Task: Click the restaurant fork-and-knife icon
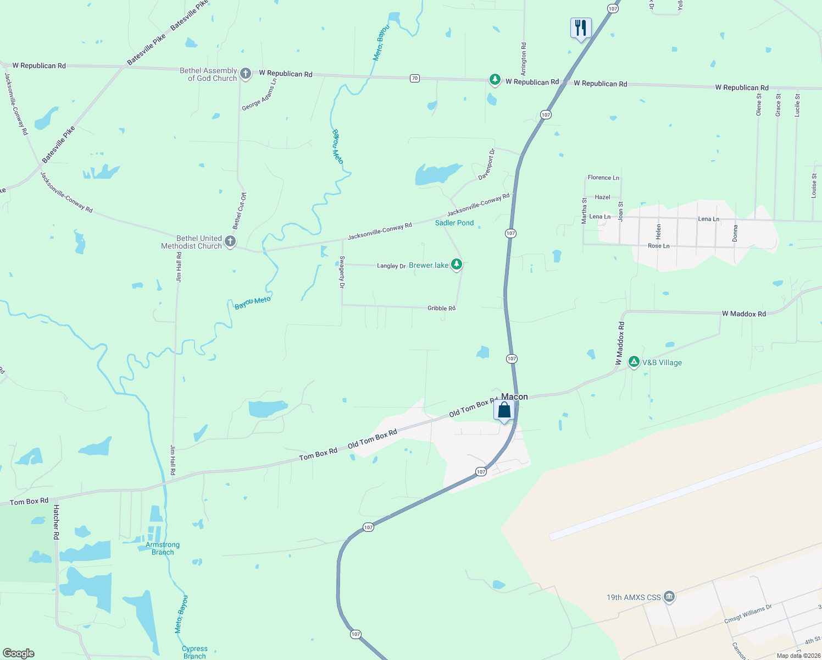point(580,28)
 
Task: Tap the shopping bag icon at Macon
point(504,410)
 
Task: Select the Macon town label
point(514,397)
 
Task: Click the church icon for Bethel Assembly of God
point(246,74)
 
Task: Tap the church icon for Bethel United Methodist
point(230,241)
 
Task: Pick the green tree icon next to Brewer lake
point(456,265)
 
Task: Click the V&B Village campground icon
point(634,362)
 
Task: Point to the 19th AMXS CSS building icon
point(669,597)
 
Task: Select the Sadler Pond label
point(454,223)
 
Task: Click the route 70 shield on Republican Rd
point(415,78)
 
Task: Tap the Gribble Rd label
point(441,308)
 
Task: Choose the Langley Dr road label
point(391,266)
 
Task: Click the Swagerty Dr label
point(342,272)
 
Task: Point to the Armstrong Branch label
point(163,548)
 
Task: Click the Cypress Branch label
point(195,652)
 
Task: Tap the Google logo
point(19,653)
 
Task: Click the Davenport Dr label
point(487,164)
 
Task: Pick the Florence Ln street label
point(603,178)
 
